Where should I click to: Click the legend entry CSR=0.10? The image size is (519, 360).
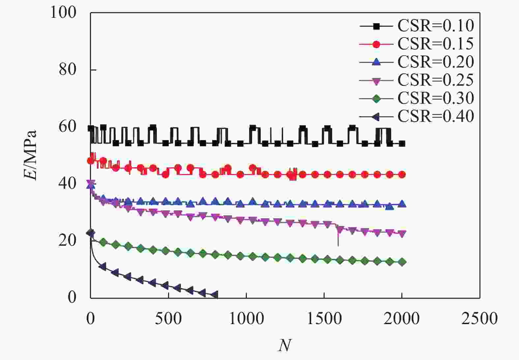tap(435, 26)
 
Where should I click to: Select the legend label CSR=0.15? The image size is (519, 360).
tap(435, 44)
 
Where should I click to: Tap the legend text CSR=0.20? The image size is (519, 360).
tap(435, 62)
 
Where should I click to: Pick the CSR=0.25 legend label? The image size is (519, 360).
tap(435, 80)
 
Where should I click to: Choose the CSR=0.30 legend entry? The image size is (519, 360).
tap(435, 98)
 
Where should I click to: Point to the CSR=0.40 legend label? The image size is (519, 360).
tap(435, 116)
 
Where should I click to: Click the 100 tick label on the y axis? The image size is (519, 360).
tap(63, 13)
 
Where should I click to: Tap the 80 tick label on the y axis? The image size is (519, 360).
tap(68, 69)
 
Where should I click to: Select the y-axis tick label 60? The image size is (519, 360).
tap(68, 126)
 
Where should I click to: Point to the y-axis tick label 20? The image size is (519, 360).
tap(68, 240)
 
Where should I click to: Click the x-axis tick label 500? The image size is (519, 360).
tap(168, 319)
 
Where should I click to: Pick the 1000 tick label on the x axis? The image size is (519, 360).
tap(246, 319)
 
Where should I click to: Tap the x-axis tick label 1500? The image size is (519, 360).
tap(324, 319)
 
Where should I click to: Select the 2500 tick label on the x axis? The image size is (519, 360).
tap(479, 319)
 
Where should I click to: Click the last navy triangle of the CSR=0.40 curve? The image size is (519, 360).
tap(215, 294)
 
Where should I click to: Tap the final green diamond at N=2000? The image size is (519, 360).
tap(402, 262)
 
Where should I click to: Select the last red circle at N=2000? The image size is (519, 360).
tap(402, 175)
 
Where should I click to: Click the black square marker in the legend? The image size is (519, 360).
tap(376, 26)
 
